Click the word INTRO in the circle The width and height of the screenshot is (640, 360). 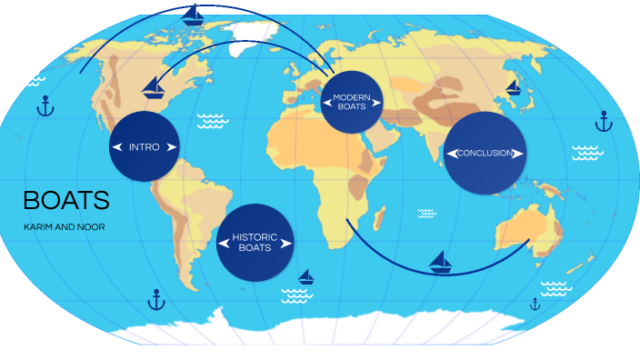144,147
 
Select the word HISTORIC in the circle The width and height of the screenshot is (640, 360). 255,237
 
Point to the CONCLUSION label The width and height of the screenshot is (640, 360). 485,153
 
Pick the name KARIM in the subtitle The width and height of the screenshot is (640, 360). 39,226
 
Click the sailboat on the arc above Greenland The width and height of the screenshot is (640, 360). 194,15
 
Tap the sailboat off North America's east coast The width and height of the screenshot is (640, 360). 154,86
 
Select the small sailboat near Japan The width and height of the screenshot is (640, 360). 513,87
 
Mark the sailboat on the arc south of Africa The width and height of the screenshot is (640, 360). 441,262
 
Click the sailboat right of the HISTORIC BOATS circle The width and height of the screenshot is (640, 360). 306,275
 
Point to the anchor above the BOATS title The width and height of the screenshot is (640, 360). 45,106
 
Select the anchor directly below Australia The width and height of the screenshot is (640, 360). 535,304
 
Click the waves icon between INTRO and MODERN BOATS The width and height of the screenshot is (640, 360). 212,120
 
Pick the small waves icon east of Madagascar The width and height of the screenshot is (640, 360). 426,213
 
